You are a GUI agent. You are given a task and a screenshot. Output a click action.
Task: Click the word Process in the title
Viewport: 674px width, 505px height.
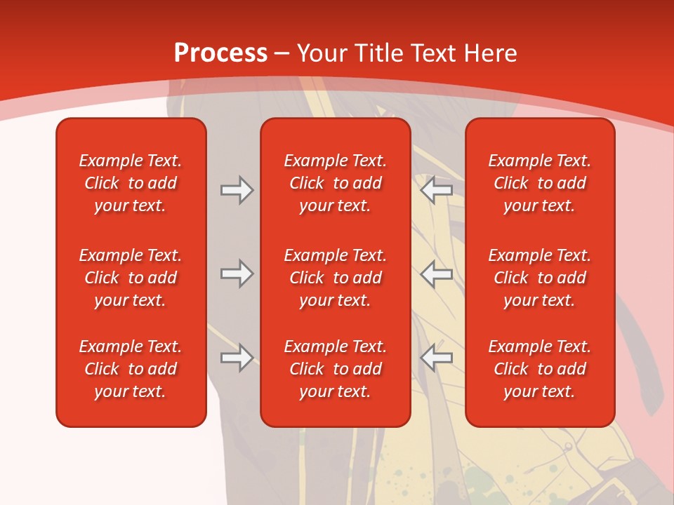(220, 53)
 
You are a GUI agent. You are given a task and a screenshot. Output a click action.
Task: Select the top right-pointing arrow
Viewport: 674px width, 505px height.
(237, 190)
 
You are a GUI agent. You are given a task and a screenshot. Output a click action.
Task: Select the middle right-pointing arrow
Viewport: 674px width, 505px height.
(237, 274)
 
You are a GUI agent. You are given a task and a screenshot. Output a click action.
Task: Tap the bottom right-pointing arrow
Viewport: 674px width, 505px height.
(237, 358)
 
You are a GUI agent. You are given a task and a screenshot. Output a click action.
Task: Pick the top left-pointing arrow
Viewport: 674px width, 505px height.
(437, 190)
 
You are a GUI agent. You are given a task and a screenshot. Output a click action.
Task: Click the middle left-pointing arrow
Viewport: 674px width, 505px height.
(437, 274)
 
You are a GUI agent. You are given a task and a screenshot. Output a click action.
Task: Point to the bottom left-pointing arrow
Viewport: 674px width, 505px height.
(437, 358)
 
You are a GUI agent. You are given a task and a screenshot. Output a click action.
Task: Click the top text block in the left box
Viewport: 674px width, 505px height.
(131, 183)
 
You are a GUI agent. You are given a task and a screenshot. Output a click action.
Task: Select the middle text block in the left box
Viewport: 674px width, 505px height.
(131, 278)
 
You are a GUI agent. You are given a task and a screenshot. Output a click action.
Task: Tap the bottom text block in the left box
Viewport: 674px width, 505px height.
(131, 369)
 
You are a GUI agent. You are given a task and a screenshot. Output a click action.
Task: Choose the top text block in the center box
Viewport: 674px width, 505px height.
(335, 183)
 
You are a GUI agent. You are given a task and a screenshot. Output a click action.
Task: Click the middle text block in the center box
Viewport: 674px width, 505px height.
(335, 278)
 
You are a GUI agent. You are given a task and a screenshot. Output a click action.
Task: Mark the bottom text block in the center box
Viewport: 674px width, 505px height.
(335, 369)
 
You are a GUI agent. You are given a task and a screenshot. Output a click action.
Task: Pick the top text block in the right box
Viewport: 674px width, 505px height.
(539, 183)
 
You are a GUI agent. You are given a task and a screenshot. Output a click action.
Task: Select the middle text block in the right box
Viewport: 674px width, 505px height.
(539, 278)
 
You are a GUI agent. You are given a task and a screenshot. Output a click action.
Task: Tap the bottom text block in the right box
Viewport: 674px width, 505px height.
(539, 369)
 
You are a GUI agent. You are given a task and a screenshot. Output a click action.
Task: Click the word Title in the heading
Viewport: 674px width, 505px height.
(379, 53)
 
